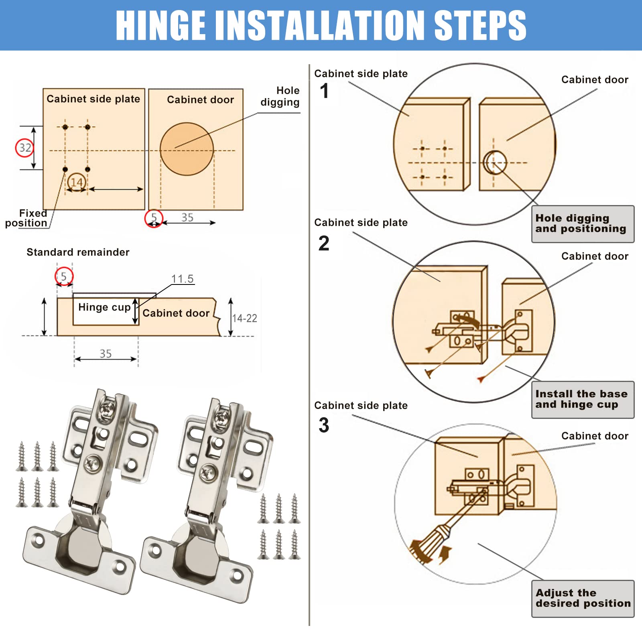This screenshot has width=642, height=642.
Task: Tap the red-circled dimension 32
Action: point(25,148)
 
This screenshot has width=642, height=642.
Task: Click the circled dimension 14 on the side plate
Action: point(76,182)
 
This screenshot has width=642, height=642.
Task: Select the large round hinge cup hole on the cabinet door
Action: point(187,149)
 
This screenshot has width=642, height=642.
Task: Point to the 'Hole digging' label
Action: point(280,96)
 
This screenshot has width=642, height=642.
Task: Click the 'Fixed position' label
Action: point(26,218)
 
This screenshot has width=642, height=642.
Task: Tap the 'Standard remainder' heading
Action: point(78,252)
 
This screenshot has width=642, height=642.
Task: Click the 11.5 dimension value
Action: point(182,278)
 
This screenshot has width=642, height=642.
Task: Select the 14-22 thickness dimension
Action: point(244,318)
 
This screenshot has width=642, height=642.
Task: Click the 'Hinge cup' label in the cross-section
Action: point(104,307)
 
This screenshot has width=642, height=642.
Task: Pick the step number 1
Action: point(324,91)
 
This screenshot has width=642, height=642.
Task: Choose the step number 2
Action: point(324,243)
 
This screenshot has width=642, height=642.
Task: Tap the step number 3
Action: point(324,425)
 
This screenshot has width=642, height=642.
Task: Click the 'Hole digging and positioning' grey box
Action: point(583,224)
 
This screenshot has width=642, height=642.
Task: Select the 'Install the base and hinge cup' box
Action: point(583,400)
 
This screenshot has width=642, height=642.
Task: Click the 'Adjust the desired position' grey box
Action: point(583,599)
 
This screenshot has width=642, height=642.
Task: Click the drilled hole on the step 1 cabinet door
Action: point(494,163)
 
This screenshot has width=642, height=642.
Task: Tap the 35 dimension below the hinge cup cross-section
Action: point(106,354)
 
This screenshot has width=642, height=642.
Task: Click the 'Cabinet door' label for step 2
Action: point(595,256)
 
